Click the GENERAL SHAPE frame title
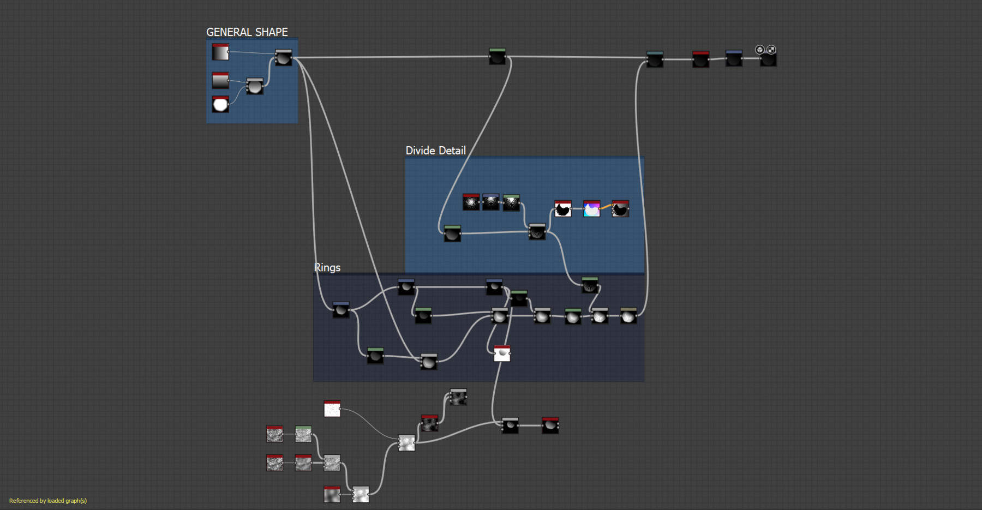247,32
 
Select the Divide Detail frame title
435,151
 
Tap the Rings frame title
327,267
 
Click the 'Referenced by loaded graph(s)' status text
48,501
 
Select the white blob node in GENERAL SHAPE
220,104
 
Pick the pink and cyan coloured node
592,208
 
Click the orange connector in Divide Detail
606,207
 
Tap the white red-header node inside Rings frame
502,353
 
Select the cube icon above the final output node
759,50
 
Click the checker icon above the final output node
771,50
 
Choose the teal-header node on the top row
655,59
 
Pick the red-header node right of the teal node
700,59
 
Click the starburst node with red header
471,202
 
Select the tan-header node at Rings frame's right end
628,316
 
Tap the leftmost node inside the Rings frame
341,310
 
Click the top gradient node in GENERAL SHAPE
220,52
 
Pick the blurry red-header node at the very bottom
332,494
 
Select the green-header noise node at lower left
303,434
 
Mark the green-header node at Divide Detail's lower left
452,233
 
